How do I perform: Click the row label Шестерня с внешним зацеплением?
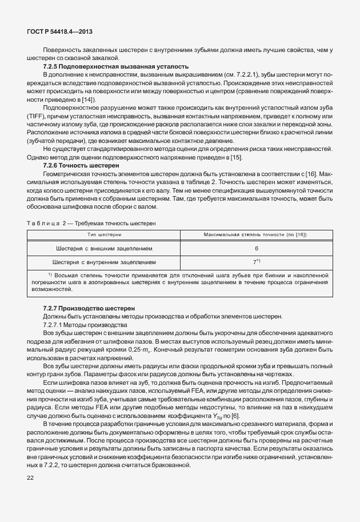[x=104, y=249]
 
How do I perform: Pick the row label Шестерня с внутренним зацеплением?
[x=104, y=262]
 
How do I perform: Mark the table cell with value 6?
[x=257, y=249]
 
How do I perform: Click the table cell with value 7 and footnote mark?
[x=257, y=262]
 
